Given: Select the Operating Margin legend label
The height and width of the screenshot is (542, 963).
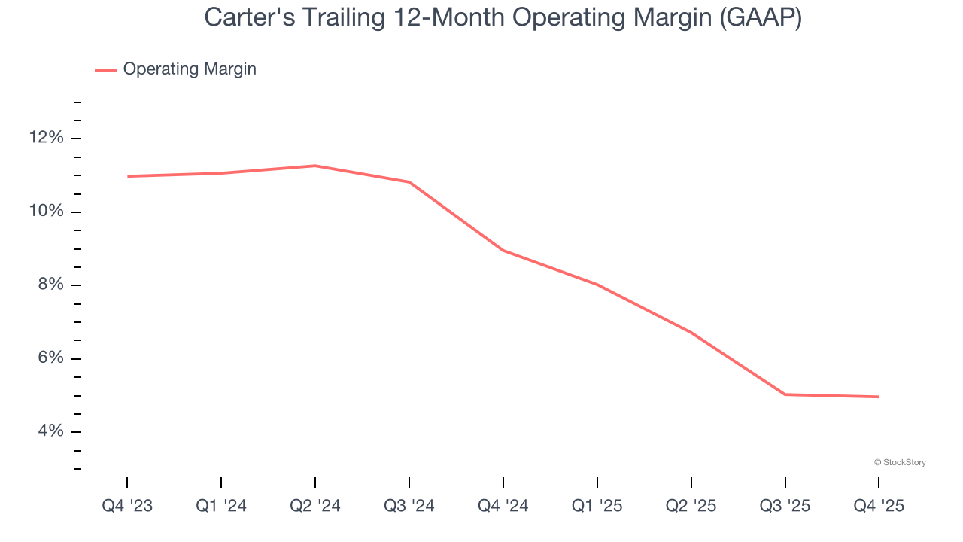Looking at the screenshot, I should point(190,69).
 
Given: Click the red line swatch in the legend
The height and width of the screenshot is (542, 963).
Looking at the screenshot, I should point(106,70).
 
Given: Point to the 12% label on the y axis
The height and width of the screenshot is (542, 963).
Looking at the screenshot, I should point(47,138).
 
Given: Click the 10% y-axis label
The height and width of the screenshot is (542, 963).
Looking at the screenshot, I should point(47,212).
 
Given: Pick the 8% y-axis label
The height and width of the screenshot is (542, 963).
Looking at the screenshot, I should point(50,285).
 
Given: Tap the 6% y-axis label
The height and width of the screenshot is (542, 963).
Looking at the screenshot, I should point(50,358).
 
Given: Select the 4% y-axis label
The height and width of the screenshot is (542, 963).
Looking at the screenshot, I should point(50,431).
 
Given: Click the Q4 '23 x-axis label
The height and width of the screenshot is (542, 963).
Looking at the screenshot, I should point(127,506).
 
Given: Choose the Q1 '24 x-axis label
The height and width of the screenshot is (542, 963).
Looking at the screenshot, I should point(221,506).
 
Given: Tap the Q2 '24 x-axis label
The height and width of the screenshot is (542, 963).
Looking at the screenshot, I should point(315,506).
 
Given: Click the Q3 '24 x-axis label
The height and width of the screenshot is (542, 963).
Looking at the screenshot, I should point(409,506).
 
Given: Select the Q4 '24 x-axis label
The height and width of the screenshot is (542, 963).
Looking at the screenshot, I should point(503,506).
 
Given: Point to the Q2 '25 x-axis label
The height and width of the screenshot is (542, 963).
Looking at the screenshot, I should point(691,506).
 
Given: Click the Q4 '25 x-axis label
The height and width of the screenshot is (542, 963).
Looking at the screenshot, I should point(879,506).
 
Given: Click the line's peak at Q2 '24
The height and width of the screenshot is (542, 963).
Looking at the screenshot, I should point(315,166).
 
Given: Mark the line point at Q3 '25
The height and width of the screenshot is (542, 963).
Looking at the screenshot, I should point(785,394).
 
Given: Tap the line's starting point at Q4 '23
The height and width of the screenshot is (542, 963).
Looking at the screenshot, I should point(127,176).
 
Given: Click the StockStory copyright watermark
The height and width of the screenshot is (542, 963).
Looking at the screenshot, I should point(900,462).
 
